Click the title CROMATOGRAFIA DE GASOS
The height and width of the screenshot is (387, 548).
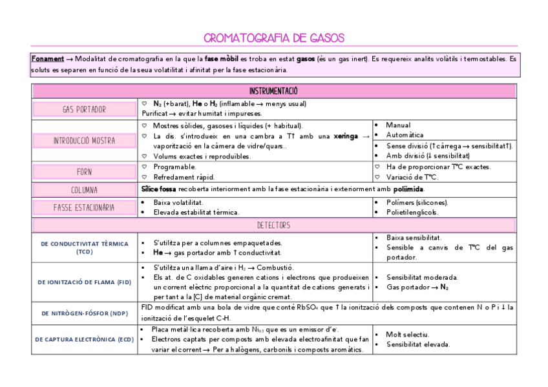(x=274, y=38)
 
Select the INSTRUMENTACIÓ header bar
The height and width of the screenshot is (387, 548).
(x=274, y=91)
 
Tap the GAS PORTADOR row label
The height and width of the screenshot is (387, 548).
(x=84, y=109)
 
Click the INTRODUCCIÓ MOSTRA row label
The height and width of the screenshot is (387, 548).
(x=84, y=140)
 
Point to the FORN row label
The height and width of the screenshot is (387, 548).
(x=84, y=172)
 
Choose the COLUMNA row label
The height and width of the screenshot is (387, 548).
(x=84, y=190)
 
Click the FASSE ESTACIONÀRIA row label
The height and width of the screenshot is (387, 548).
(x=84, y=207)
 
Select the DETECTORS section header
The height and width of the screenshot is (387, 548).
(x=274, y=225)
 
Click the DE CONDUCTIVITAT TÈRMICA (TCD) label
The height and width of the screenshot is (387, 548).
(x=84, y=247)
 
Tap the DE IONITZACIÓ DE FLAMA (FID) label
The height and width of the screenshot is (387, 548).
(x=84, y=282)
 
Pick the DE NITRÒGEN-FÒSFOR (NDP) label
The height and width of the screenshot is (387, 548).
(x=84, y=313)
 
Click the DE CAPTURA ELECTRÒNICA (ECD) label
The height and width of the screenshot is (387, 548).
(x=84, y=339)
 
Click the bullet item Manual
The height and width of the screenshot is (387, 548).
(x=398, y=125)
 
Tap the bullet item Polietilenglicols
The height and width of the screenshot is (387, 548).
(x=412, y=212)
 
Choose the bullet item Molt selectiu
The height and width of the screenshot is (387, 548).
(x=408, y=334)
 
